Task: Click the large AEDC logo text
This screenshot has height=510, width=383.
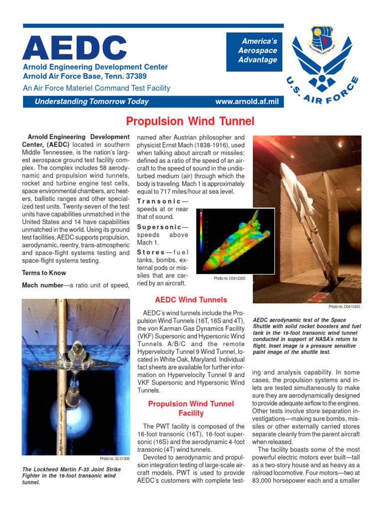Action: coord(74,48)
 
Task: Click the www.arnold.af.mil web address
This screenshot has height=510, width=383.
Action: coord(247,102)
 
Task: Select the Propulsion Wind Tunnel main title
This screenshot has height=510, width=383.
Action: coord(190,121)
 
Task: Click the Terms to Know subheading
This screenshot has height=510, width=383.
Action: coord(44,273)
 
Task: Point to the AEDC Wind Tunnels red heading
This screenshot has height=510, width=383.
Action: coord(191,300)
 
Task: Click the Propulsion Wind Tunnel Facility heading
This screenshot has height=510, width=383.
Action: coord(191,408)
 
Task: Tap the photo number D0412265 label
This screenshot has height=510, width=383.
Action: coord(229,278)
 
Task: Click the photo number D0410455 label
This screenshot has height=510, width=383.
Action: coord(344,307)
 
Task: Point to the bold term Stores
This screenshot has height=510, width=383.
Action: coord(151,252)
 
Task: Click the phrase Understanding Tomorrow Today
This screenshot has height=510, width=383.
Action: coord(91,102)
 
